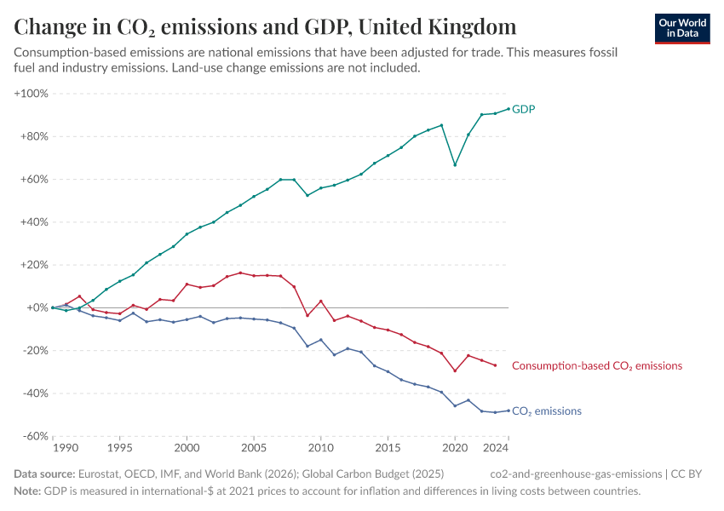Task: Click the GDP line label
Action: click(523, 109)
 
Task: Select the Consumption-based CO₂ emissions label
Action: click(596, 365)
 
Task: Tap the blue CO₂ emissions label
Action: click(546, 411)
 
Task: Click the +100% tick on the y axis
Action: click(31, 93)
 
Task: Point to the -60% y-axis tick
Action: click(33, 436)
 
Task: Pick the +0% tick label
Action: click(36, 307)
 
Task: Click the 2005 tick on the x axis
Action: click(253, 447)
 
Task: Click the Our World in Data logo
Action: click(681, 28)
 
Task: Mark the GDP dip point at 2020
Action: click(455, 165)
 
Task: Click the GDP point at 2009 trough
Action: click(307, 195)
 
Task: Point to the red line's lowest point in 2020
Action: click(455, 370)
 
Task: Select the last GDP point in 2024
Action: click(509, 109)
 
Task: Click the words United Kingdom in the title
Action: click(437, 26)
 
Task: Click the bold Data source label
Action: click(44, 474)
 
